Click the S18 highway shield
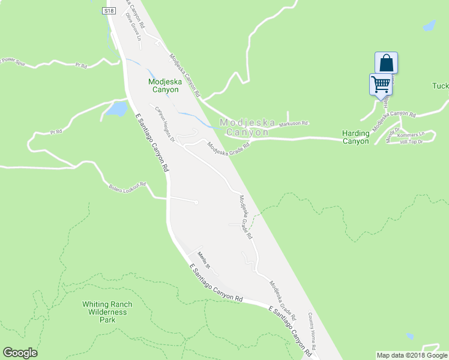pos(108,11)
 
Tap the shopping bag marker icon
pos(387,62)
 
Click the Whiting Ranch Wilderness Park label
pos(107,312)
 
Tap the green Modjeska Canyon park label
pos(164,85)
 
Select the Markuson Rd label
pos(294,123)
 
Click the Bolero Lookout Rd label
pos(127,187)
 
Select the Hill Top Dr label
pos(412,142)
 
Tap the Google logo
pos(20,353)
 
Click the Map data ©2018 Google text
pos(412,355)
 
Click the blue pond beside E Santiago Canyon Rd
pos(116,109)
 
